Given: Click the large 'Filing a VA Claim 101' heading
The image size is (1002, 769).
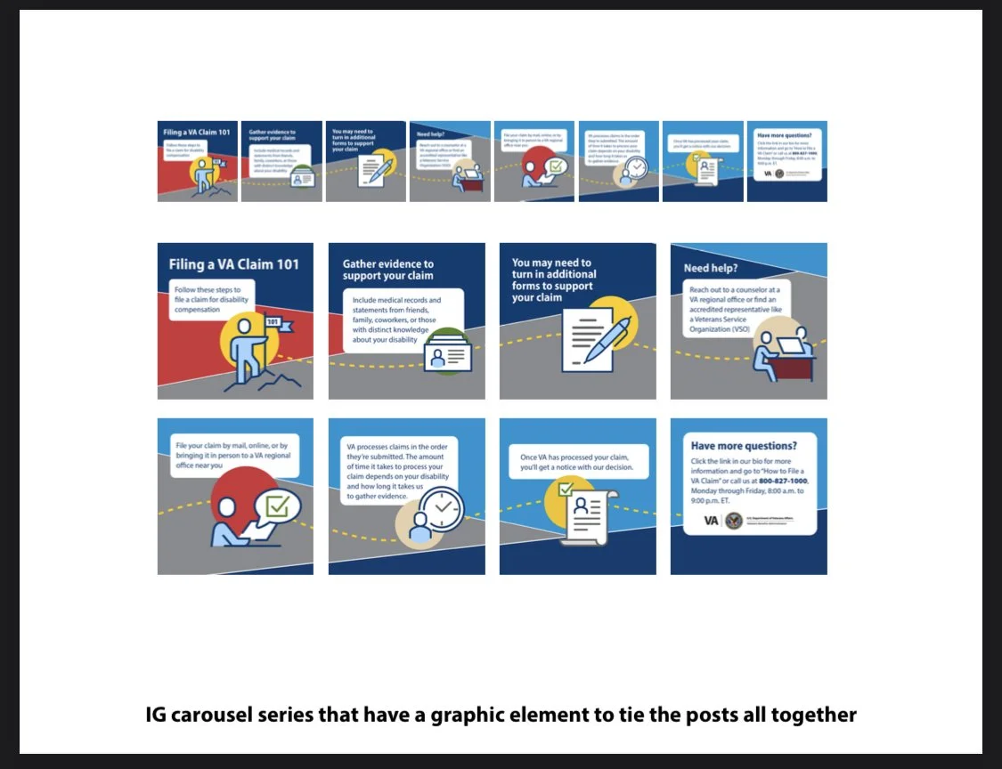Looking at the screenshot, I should pyautogui.click(x=234, y=264).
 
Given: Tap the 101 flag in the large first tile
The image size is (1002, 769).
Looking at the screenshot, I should pyautogui.click(x=273, y=323).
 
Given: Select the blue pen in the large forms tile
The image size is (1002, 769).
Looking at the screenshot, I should pyautogui.click(x=607, y=339).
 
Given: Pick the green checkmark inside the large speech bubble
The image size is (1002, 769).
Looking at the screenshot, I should pyautogui.click(x=278, y=506).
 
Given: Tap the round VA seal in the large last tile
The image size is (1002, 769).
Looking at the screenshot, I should pyautogui.click(x=734, y=521).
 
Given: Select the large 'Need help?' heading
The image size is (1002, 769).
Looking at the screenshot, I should pyautogui.click(x=711, y=268).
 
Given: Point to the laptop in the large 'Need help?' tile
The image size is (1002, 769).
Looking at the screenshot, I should pyautogui.click(x=790, y=346).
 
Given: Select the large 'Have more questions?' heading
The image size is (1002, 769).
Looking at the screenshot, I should pyautogui.click(x=744, y=446).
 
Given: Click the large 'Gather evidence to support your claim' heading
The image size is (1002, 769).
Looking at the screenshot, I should pyautogui.click(x=388, y=270).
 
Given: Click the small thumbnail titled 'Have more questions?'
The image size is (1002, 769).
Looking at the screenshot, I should pyautogui.click(x=786, y=161).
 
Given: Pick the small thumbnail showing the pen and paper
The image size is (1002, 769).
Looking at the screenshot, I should pyautogui.click(x=365, y=161).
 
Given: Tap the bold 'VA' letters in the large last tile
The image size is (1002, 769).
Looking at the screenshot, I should pyautogui.click(x=712, y=521).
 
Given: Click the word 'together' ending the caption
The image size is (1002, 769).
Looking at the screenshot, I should pyautogui.click(x=817, y=715).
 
